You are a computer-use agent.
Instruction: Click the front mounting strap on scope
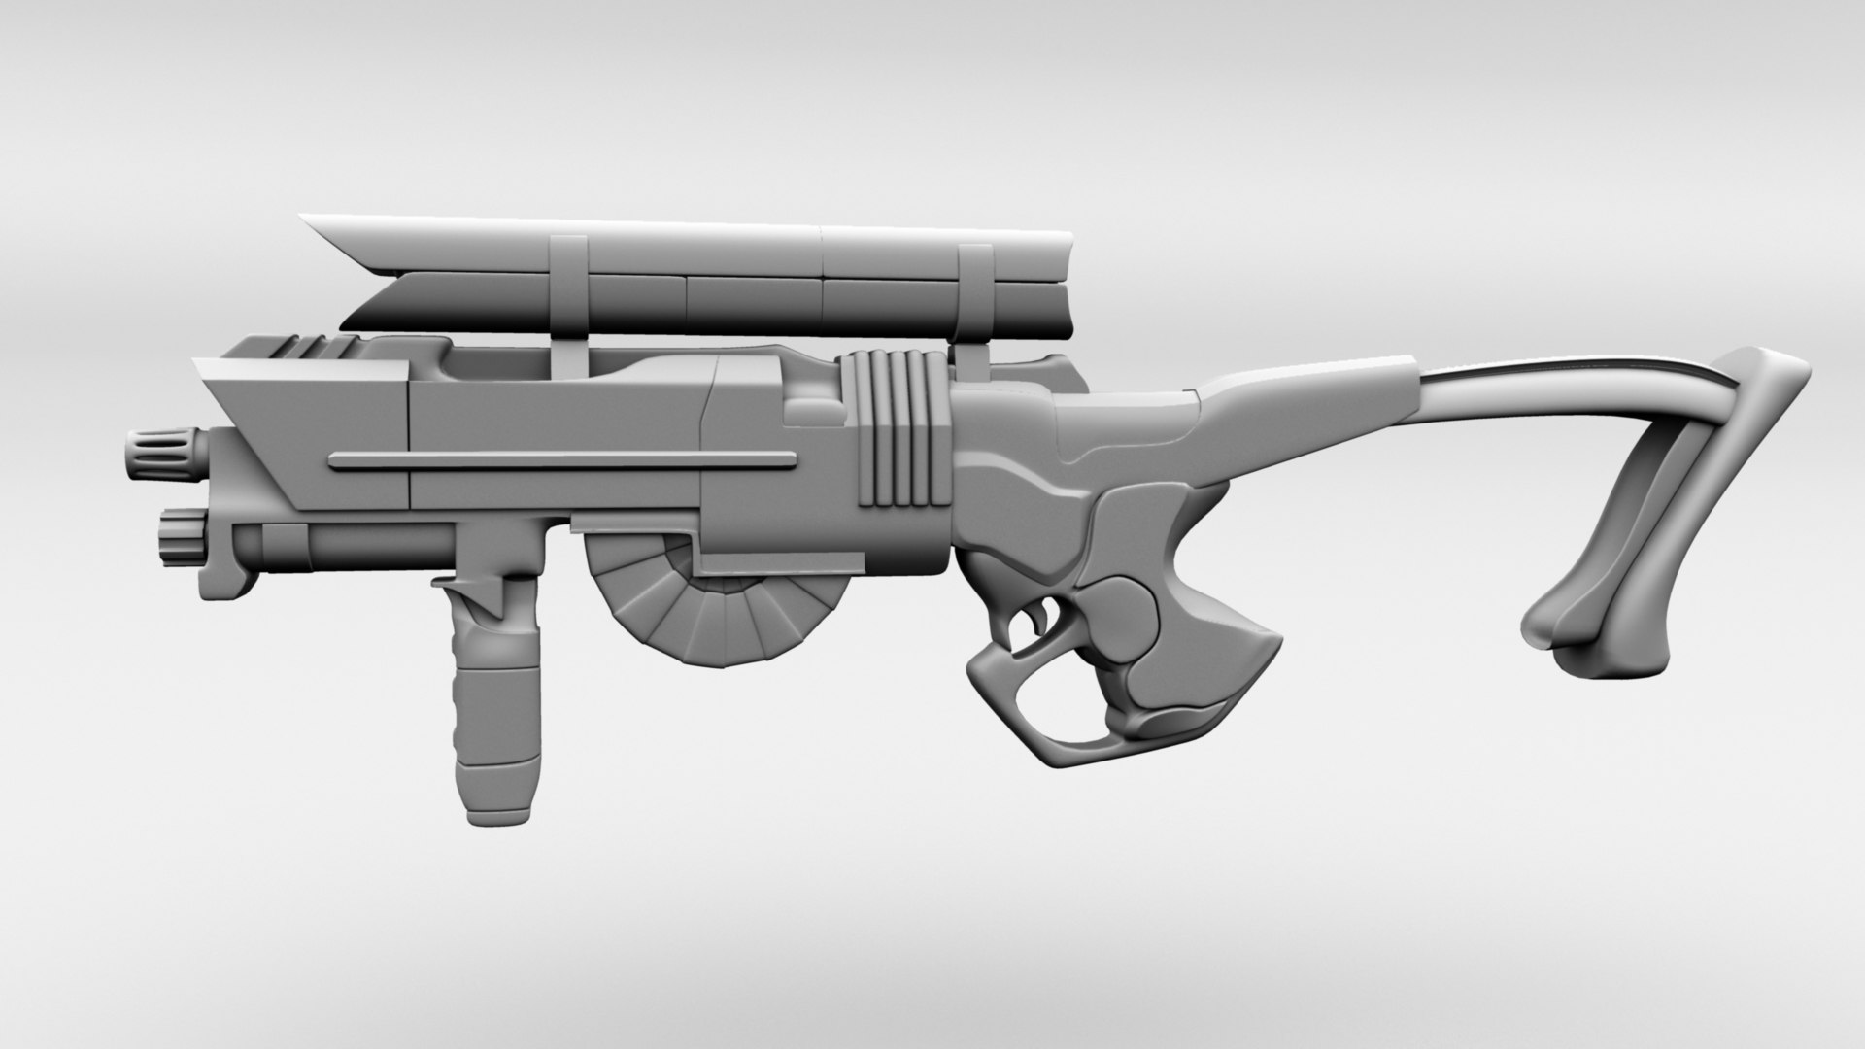(x=566, y=291)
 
